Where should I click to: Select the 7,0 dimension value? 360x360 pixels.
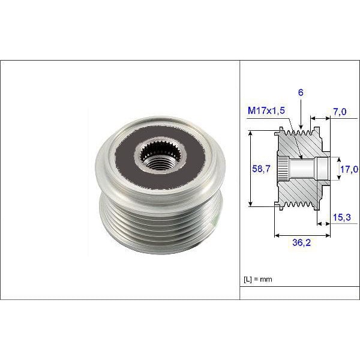[x=340, y=112]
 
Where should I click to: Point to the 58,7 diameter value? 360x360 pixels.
[x=259, y=170]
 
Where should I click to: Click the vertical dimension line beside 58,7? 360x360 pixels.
[x=250, y=170]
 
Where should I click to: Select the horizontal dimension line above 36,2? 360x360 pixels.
[x=302, y=235]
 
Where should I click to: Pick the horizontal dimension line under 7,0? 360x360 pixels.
[x=320, y=119]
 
